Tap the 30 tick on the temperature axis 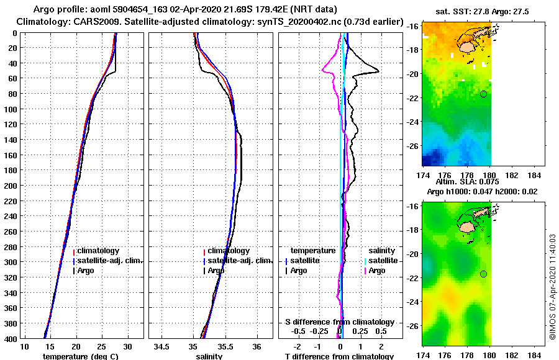pos(128,346)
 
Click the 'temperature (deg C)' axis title pos(80,356)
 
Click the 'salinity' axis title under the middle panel pos(209,356)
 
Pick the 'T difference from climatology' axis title pos(339,356)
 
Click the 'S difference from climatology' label pos(339,322)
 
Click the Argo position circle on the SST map pos(483,94)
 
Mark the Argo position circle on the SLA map pos(483,274)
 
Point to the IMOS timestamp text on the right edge pos(553,286)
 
